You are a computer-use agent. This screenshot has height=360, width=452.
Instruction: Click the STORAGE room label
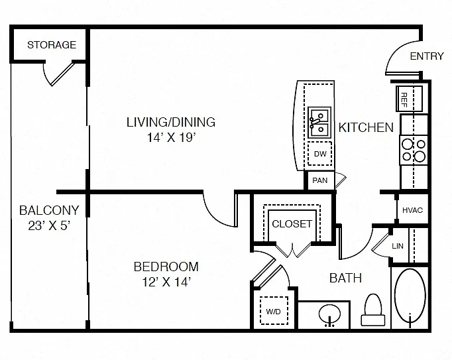(52, 44)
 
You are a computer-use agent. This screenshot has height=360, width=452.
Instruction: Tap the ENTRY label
(427, 56)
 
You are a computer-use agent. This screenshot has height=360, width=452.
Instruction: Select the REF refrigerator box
(410, 99)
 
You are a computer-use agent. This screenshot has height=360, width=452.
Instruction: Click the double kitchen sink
(319, 123)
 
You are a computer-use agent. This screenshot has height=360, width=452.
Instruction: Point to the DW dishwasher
(320, 153)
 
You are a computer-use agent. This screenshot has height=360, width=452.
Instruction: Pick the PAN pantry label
(320, 180)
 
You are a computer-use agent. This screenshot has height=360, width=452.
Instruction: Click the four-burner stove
(414, 150)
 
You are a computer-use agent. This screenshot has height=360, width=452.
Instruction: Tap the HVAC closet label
(412, 210)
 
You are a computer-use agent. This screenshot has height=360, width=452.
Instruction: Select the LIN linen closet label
(398, 246)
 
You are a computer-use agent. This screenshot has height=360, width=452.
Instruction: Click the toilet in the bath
(373, 310)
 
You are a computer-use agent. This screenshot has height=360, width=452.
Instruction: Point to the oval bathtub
(410, 296)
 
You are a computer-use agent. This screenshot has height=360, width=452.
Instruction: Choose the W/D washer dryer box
(274, 311)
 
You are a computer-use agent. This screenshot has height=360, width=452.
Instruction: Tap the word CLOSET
(292, 224)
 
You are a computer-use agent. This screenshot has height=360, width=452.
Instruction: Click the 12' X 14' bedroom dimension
(166, 282)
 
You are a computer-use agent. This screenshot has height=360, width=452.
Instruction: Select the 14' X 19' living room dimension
(172, 137)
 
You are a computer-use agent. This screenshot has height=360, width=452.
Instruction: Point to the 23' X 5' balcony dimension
(49, 225)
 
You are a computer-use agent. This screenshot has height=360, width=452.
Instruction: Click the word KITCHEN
(366, 127)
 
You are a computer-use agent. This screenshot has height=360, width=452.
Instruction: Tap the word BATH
(345, 278)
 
